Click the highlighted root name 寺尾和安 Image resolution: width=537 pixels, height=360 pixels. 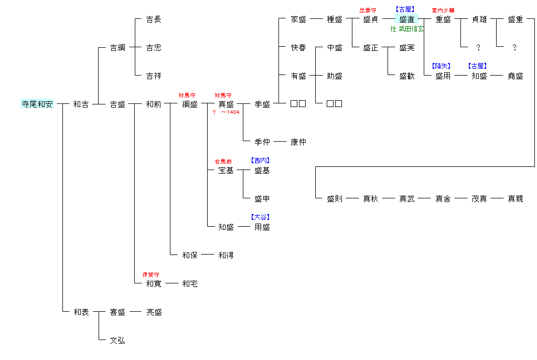point(37,104)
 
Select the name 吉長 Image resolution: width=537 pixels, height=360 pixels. point(154,19)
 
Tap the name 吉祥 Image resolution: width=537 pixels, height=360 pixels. point(154,76)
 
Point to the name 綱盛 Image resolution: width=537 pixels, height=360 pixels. point(190,104)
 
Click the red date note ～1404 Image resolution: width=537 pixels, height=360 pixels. point(230,112)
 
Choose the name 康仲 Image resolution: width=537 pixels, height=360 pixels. point(298,142)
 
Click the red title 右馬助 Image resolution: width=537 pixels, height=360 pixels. point(223,161)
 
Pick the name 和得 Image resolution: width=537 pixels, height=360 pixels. point(226,256)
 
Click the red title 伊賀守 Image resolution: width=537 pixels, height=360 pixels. point(151,274)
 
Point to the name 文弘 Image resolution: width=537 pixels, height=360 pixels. point(117,341)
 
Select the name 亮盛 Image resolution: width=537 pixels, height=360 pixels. point(154,312)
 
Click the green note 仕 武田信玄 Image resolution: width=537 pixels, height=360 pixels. point(407,29)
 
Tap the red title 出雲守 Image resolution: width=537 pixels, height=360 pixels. point(368,10)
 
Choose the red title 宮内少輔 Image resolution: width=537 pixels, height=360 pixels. point(443,10)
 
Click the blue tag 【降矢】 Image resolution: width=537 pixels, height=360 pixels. point(441,66)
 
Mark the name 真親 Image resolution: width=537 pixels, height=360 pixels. point(515,199)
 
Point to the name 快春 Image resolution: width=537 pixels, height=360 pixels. point(298,48)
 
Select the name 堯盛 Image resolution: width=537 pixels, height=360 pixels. point(515,76)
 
